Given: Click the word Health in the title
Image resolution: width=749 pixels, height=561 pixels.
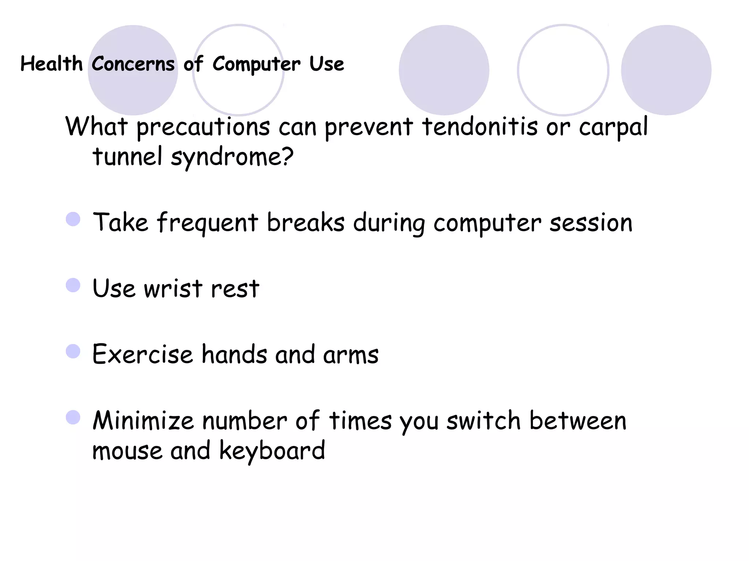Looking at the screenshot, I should (x=51, y=64).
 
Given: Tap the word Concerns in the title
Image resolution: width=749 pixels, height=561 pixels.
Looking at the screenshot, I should (x=133, y=64).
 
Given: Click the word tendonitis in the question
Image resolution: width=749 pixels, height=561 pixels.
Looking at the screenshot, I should (x=480, y=126).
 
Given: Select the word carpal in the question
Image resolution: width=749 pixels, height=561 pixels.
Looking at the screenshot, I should (x=613, y=127).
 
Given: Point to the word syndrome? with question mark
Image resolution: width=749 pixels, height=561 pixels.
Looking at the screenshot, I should (x=232, y=157).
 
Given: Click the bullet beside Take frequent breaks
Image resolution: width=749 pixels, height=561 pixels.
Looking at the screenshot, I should (x=73, y=219).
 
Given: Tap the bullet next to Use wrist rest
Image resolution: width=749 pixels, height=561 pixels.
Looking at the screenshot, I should (x=73, y=285).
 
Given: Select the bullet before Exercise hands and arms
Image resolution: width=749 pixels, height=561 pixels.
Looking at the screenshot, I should (x=73, y=351).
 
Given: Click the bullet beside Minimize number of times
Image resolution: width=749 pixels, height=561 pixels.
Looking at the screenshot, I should (x=73, y=417).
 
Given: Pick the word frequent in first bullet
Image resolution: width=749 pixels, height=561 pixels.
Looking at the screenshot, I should (x=207, y=223).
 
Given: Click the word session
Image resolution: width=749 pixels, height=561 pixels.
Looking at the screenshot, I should (x=591, y=223).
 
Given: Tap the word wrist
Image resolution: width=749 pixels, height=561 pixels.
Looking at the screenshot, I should (x=173, y=289).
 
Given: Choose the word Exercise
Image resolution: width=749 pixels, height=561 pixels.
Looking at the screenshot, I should (x=142, y=354).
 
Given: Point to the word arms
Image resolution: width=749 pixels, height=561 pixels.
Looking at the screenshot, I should (x=350, y=355).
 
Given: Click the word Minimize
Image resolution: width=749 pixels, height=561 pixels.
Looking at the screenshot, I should (x=143, y=421).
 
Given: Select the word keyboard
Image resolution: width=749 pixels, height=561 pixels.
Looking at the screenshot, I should (x=272, y=451).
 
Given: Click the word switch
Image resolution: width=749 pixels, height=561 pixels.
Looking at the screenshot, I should (x=483, y=421).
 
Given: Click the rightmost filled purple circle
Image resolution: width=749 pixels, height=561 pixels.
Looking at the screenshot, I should (x=666, y=70).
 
